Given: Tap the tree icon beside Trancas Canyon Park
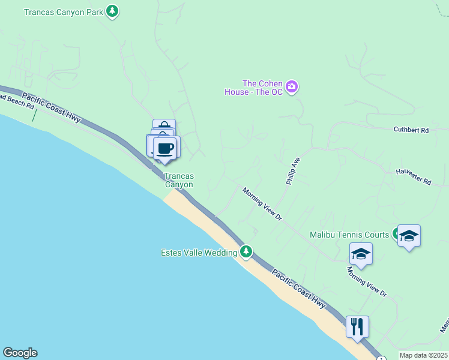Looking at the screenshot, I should pyautogui.click(x=112, y=11).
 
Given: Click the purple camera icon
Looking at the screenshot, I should pyautogui.click(x=292, y=88).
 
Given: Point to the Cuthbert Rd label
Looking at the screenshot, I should pyautogui.click(x=411, y=130).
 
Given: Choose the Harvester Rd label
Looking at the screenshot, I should pyautogui.click(x=414, y=177).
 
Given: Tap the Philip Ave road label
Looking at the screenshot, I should pyautogui.click(x=292, y=170).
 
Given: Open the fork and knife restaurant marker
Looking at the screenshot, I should pyautogui.click(x=357, y=326).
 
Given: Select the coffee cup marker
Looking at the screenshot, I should pyautogui.click(x=166, y=148).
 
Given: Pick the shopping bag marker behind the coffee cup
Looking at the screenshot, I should pyautogui.click(x=164, y=125).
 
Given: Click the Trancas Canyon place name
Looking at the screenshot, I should pyautogui.click(x=179, y=180).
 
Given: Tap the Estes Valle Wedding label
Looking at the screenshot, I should pyautogui.click(x=199, y=253).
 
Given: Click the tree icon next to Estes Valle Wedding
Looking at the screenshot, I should pyautogui.click(x=246, y=251).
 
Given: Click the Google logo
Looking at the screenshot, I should pyautogui.click(x=20, y=353).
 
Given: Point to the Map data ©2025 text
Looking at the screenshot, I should pyautogui.click(x=424, y=355).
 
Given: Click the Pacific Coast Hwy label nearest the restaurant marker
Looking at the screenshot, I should pyautogui.click(x=298, y=289).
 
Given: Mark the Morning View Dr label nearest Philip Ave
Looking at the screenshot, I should pyautogui.click(x=262, y=204).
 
